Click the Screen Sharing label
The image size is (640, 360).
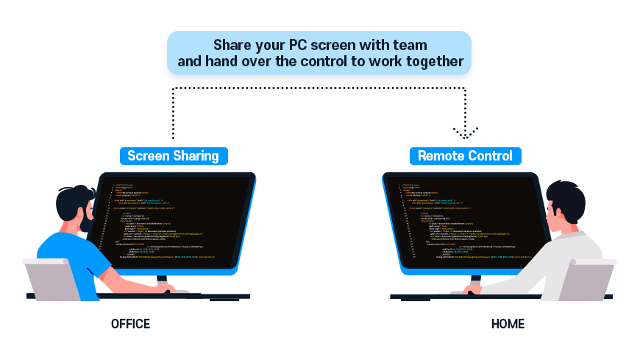pos(173,156)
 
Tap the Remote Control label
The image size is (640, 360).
pos(465,156)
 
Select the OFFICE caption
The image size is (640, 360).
pos(130,324)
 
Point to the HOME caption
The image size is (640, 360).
pos(508,324)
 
